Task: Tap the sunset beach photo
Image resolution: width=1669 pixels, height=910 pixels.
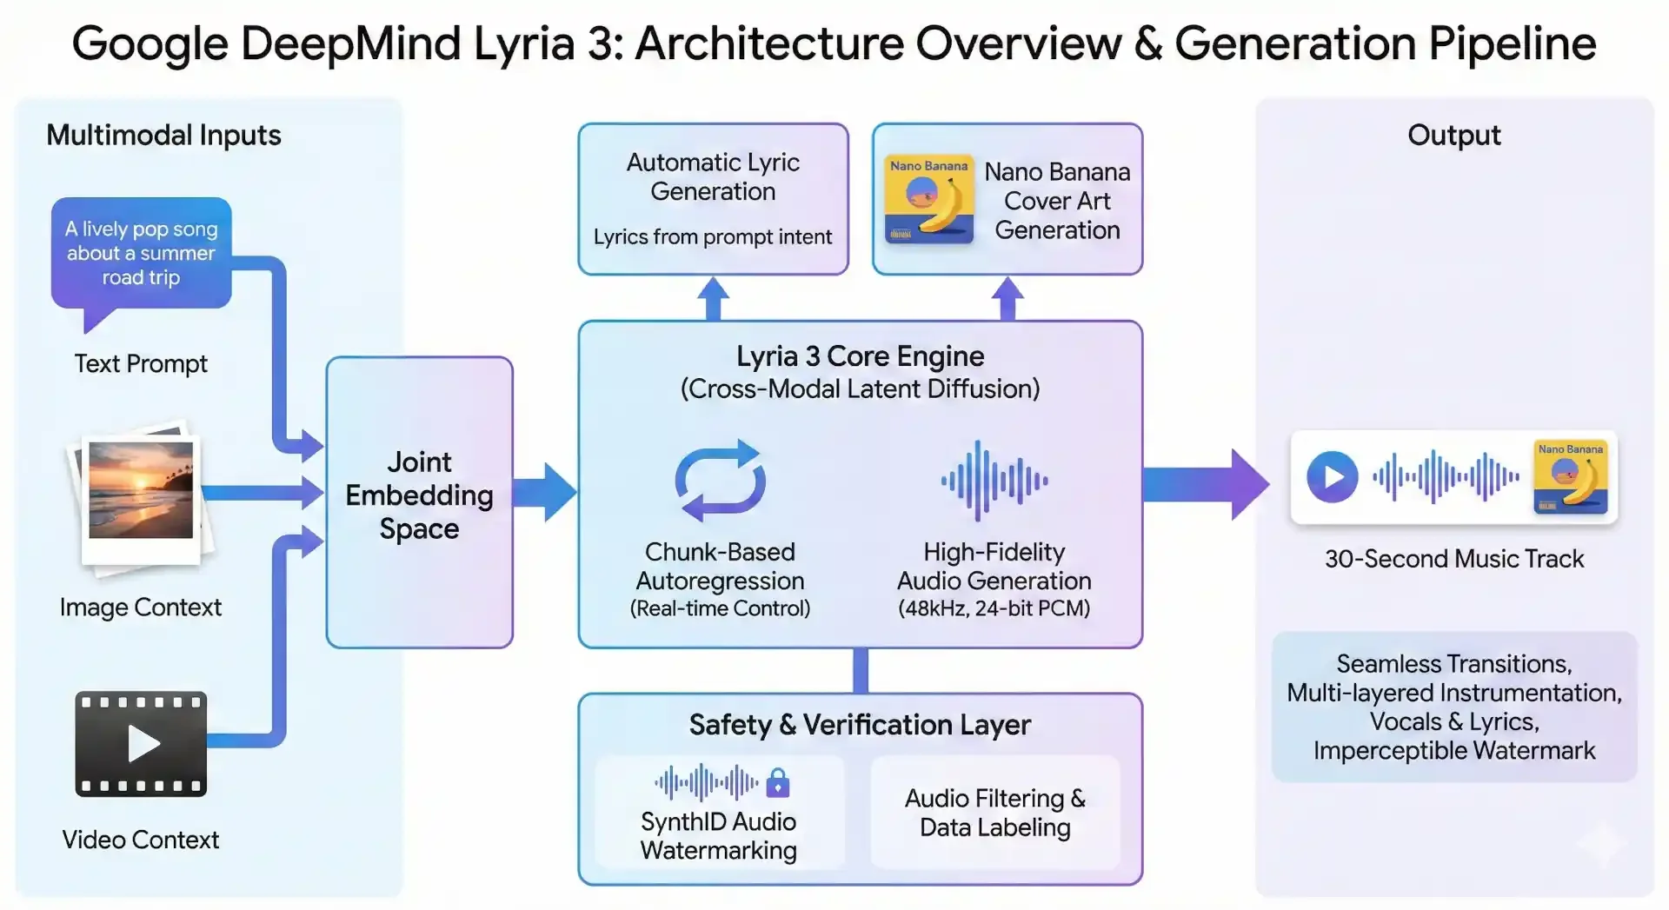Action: (x=141, y=489)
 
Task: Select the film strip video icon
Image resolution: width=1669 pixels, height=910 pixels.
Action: (x=141, y=743)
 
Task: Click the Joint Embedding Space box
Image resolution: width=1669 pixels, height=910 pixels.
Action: (x=419, y=501)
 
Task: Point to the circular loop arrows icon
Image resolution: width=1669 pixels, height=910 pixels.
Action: (x=720, y=480)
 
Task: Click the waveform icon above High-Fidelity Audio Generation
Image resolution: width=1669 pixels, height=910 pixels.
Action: (x=994, y=480)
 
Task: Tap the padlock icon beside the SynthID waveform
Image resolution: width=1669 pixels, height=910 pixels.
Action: (x=778, y=783)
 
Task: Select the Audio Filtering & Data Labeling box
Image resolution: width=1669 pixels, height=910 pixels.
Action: (x=995, y=812)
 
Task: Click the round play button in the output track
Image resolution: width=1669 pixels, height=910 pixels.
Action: (x=1332, y=476)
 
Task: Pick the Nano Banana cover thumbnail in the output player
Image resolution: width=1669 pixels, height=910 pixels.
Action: (x=1570, y=476)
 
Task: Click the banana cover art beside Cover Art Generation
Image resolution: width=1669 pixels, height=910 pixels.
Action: (x=928, y=199)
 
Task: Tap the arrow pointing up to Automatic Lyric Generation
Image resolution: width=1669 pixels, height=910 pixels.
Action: (x=713, y=298)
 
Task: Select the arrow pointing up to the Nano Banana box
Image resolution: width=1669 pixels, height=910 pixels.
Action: (x=1007, y=298)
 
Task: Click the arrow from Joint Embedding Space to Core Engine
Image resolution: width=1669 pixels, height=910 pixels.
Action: (x=546, y=492)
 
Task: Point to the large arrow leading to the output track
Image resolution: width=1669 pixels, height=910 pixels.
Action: (x=1208, y=484)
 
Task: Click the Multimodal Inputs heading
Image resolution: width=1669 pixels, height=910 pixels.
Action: (x=163, y=136)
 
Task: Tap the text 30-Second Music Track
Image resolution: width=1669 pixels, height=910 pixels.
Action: (x=1453, y=559)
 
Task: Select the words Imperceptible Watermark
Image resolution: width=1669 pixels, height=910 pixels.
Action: (x=1453, y=750)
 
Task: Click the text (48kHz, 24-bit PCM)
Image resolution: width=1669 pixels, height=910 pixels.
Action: (x=994, y=608)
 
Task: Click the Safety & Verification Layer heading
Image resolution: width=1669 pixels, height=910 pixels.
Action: (x=860, y=725)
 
